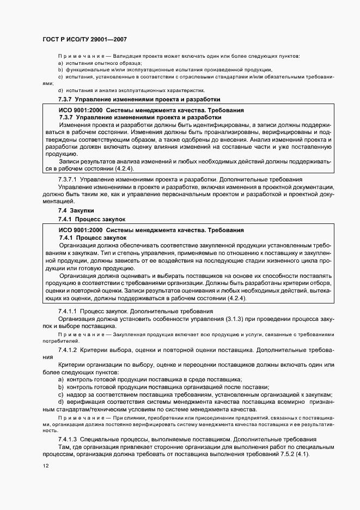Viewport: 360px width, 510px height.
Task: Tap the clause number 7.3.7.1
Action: click(70, 180)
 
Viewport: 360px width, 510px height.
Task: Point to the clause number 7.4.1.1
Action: click(70, 311)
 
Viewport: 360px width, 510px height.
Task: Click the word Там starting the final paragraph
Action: click(64, 446)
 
